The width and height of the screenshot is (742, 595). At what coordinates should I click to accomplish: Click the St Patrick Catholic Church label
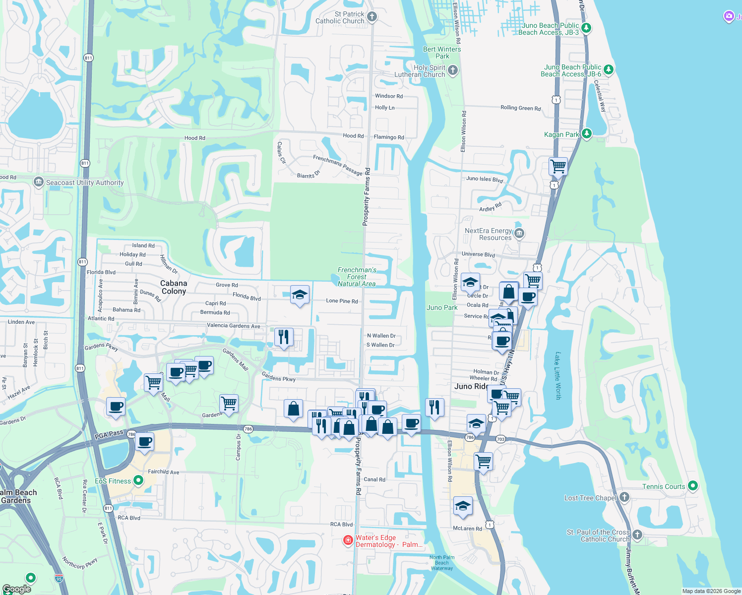pyautogui.click(x=340, y=18)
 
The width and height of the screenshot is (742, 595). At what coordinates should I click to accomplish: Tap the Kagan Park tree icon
pyautogui.click(x=587, y=134)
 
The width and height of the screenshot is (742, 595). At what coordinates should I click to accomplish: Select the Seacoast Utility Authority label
pyautogui.click(x=85, y=182)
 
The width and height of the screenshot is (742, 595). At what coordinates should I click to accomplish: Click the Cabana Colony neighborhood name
pyautogui.click(x=174, y=287)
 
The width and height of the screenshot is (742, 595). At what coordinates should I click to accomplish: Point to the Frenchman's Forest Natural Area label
pyautogui.click(x=357, y=277)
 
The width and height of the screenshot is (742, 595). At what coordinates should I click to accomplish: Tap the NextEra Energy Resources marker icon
pyautogui.click(x=519, y=234)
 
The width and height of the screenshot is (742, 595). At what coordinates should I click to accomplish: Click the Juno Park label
pyautogui.click(x=442, y=307)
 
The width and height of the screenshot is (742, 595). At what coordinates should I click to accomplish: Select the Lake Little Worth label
pyautogui.click(x=558, y=376)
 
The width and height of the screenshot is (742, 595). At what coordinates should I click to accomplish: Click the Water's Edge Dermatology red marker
pyautogui.click(x=348, y=540)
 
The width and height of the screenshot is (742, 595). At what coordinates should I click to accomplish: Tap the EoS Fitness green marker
pyautogui.click(x=138, y=480)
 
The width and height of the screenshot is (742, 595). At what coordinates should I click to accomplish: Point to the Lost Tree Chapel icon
pyautogui.click(x=624, y=497)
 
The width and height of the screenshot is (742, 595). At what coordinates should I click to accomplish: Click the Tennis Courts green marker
pyautogui.click(x=693, y=486)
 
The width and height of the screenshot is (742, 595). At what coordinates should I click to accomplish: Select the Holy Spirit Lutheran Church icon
pyautogui.click(x=452, y=70)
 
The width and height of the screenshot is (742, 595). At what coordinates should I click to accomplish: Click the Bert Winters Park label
pyautogui.click(x=442, y=53)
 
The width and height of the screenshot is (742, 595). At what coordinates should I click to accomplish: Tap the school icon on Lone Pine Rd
pyautogui.click(x=300, y=295)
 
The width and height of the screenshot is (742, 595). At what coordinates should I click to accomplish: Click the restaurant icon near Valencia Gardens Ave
pyautogui.click(x=284, y=337)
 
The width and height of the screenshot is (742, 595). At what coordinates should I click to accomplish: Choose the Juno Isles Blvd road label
pyautogui.click(x=484, y=179)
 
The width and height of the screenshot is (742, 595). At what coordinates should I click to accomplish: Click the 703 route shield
pyautogui.click(x=500, y=439)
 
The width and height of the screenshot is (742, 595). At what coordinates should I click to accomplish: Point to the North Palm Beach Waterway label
pyautogui.click(x=442, y=563)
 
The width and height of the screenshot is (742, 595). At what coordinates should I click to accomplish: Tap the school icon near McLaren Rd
pyautogui.click(x=463, y=506)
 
